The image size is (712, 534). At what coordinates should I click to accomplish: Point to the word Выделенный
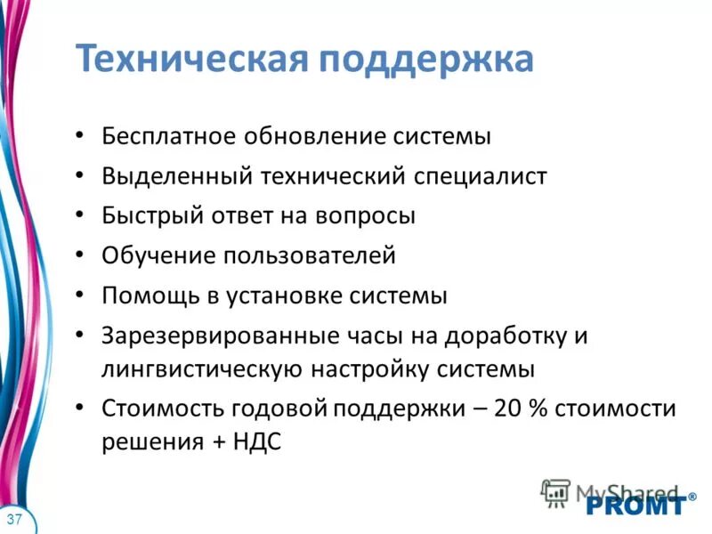pos(175,176)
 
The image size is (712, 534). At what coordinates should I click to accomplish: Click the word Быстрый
pos(153,216)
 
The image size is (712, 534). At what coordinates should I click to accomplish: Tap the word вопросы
pos(365,216)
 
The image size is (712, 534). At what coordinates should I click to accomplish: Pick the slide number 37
pos(14,519)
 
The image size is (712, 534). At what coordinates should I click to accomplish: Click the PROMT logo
pos(636,506)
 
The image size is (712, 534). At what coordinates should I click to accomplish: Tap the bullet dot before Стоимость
pos(81,409)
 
